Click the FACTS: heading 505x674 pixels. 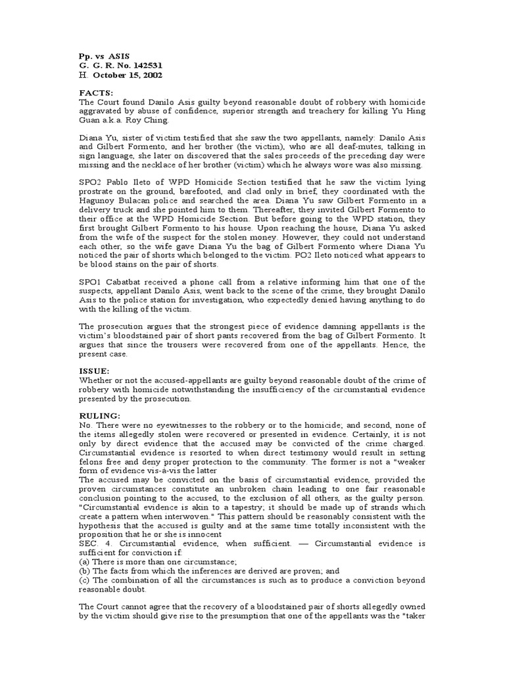pyautogui.click(x=96, y=93)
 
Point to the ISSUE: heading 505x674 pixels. pyautogui.click(x=95, y=371)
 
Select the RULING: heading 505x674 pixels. pyautogui.click(x=100, y=416)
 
